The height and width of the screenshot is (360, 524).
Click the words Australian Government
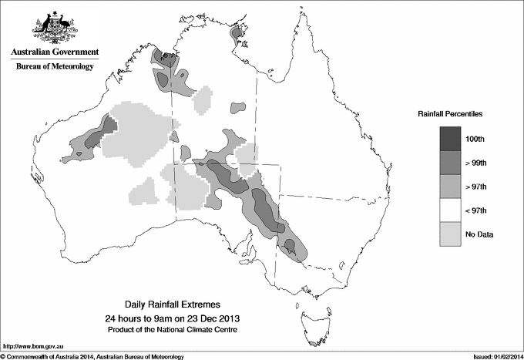54,52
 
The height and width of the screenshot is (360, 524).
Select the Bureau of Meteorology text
54,67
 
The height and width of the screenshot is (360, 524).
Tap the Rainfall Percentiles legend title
450,113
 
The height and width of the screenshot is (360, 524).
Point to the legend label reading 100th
475,138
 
